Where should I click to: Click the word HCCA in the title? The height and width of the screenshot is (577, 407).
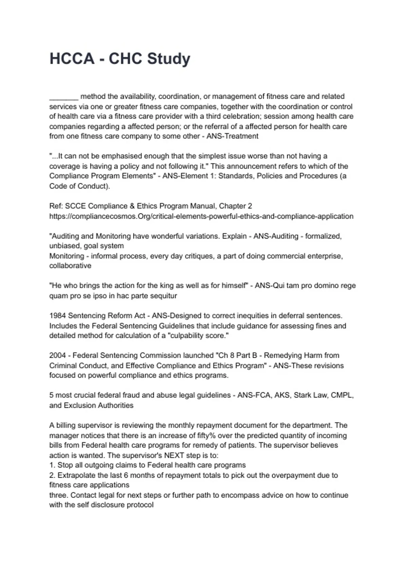(x=72, y=59)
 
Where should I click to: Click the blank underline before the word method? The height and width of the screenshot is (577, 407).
(x=64, y=97)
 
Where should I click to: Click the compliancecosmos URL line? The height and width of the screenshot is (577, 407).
(x=201, y=216)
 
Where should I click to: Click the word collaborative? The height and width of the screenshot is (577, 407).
(x=70, y=266)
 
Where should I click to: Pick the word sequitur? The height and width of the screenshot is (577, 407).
(x=164, y=296)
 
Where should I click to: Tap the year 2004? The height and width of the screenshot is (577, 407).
(x=58, y=355)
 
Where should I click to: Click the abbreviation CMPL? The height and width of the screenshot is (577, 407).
(x=342, y=395)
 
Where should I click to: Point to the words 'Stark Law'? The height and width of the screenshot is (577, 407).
(x=309, y=395)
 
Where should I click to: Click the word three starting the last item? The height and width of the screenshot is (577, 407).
(x=58, y=495)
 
